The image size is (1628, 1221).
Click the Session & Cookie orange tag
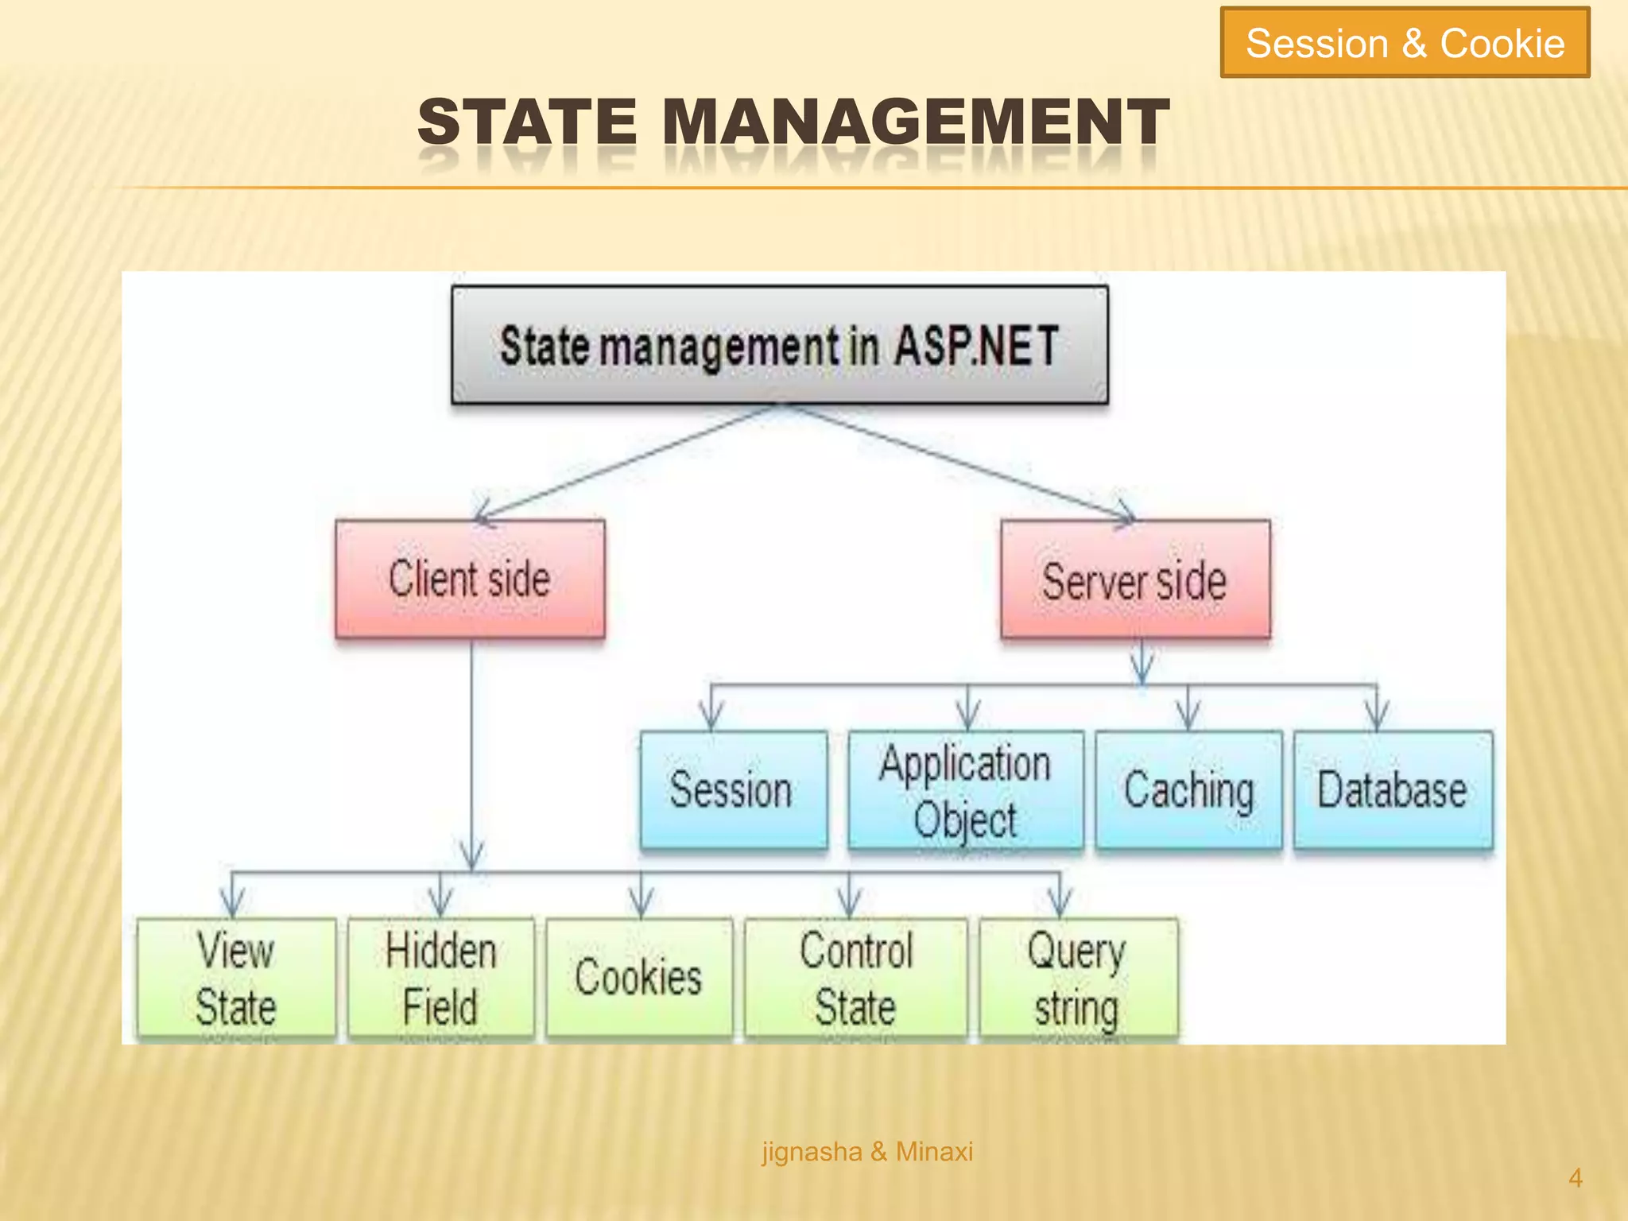[1405, 43]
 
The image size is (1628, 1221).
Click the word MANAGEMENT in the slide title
[916, 122]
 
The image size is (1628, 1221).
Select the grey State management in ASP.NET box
[779, 346]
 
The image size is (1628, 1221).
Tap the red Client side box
[470, 579]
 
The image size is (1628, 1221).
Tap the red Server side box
[1134, 579]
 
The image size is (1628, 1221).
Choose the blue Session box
[732, 789]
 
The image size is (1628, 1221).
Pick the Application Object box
[964, 790]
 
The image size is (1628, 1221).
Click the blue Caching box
[1188, 789]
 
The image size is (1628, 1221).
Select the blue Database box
[1393, 789]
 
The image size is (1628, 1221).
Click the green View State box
[236, 978]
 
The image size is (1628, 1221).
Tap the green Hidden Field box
[441, 978]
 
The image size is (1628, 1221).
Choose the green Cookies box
[639, 978]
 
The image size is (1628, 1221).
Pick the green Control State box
[856, 978]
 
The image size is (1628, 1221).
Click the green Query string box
[1077, 978]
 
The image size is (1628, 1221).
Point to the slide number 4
[1575, 1178]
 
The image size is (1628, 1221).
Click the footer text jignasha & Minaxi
[867, 1151]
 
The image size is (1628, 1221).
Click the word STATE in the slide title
[527, 122]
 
